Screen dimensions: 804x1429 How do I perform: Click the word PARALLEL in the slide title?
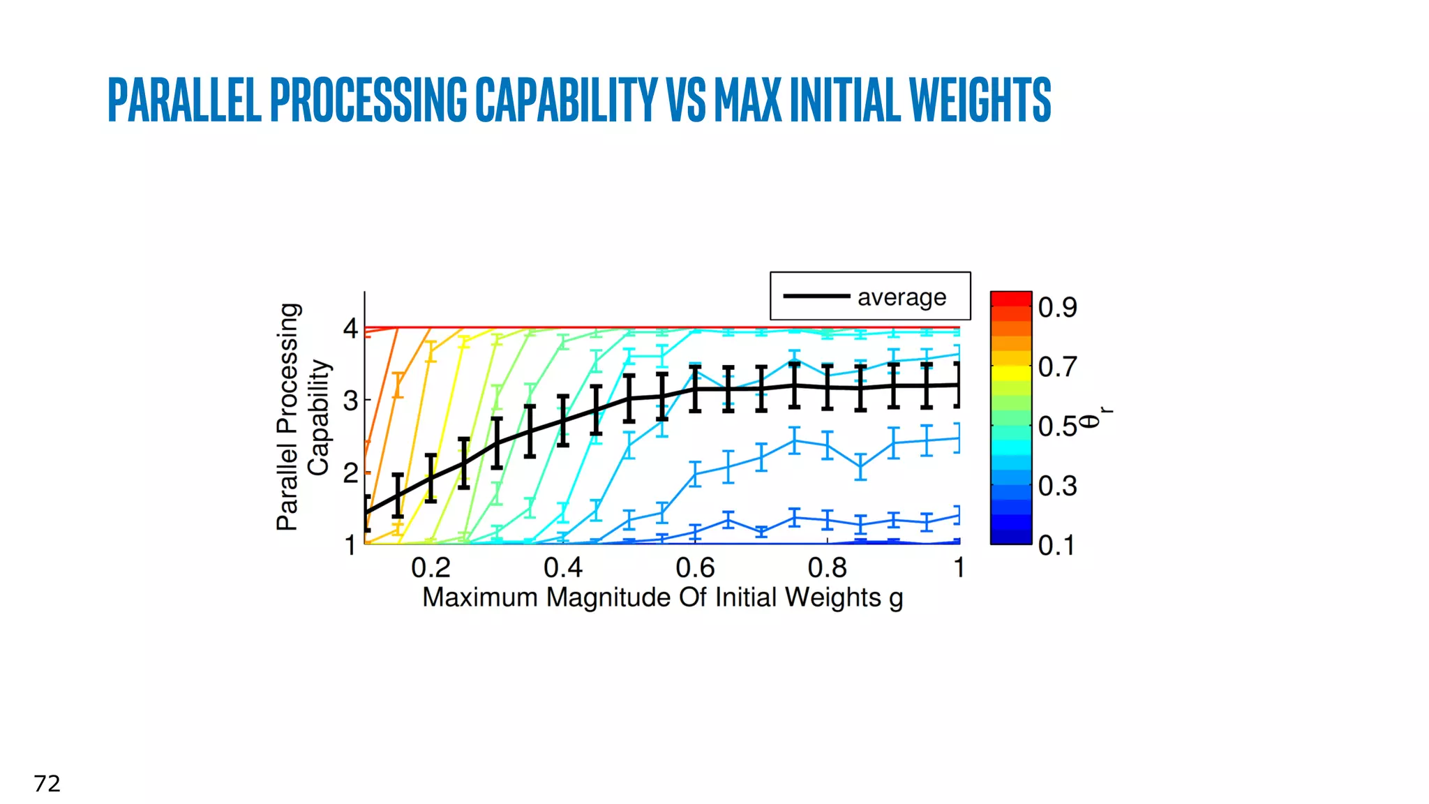point(185,100)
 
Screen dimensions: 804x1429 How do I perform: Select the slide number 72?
point(47,784)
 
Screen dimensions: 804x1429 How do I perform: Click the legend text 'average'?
point(901,297)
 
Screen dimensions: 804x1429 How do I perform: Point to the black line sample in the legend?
point(816,297)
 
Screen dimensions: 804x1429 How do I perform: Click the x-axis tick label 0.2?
point(431,568)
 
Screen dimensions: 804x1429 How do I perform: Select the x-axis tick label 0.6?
point(695,568)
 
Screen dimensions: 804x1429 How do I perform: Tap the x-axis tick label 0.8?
point(827,568)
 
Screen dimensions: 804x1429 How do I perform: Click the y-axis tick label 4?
point(350,328)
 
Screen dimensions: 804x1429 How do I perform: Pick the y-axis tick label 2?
point(350,473)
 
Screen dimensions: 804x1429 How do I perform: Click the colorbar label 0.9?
point(1057,307)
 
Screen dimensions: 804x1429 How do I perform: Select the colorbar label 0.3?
point(1057,486)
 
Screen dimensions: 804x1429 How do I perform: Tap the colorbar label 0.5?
point(1057,426)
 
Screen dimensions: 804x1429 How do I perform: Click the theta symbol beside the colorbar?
point(1090,421)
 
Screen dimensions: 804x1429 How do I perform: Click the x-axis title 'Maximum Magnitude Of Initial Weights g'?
point(662,598)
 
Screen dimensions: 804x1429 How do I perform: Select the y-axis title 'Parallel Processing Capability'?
point(303,417)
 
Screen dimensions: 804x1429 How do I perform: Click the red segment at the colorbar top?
point(1011,299)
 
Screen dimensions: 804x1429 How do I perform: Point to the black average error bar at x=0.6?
point(695,388)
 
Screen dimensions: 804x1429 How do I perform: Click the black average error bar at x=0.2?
point(431,478)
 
